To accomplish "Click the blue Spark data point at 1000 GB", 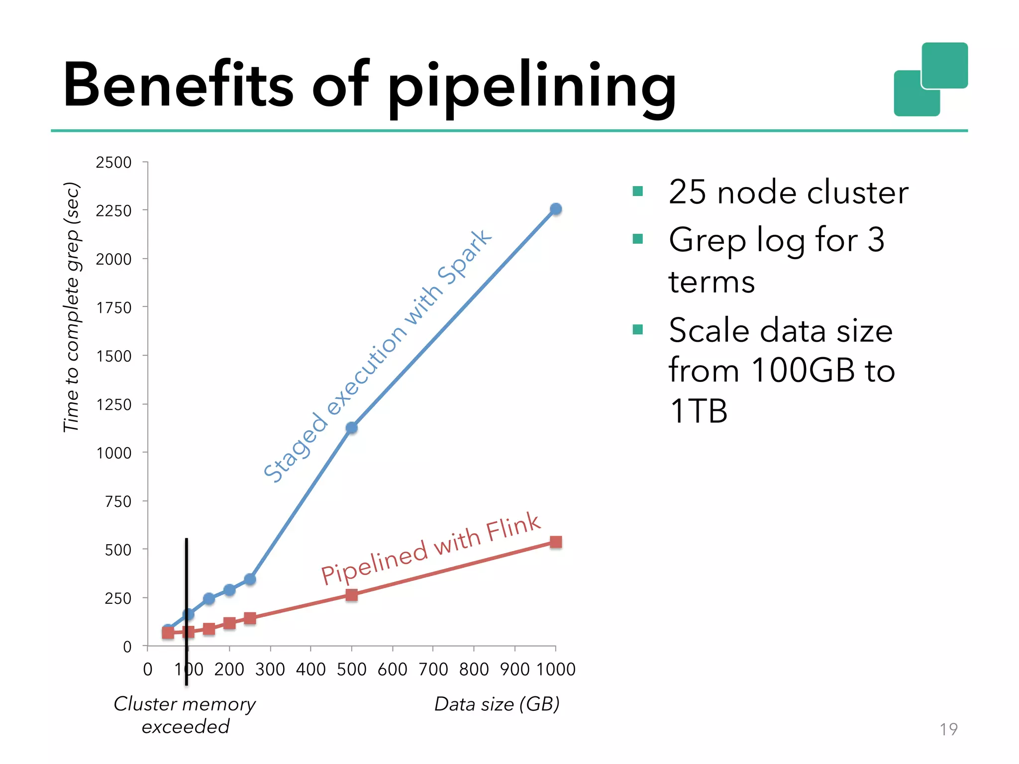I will coord(556,209).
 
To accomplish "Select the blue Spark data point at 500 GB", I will coord(352,428).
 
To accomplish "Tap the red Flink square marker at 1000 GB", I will coord(556,542).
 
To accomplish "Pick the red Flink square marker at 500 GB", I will coord(352,595).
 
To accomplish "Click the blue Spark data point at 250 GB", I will coord(250,579).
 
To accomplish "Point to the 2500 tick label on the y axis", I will coord(113,163).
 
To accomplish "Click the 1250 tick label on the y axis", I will coord(113,405).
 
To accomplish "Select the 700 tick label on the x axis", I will coord(433,669).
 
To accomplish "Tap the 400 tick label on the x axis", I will coord(311,669).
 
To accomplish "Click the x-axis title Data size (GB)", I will coord(497,704).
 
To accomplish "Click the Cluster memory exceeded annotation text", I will coord(185,715).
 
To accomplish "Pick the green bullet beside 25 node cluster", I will coord(638,191).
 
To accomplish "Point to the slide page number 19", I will coord(948,729).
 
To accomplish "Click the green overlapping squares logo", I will coord(931,80).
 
